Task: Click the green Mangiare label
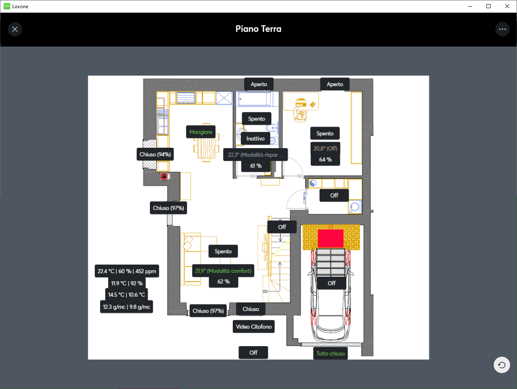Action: pos(201,132)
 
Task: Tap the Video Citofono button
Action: pos(254,327)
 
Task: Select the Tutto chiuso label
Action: pos(330,353)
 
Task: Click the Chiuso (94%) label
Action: pos(155,154)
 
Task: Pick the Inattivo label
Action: pos(256,139)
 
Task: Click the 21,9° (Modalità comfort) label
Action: pos(223,271)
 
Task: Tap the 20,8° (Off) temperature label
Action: pos(325,149)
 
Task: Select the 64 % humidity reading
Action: pos(325,160)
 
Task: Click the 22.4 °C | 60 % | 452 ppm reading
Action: pos(127,271)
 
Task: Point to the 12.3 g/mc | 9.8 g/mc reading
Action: pos(127,307)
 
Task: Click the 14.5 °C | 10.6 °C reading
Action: pos(127,295)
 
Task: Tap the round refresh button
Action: pos(502,365)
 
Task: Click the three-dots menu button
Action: pos(502,29)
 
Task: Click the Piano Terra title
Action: pos(258,29)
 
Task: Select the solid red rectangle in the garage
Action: pos(331,239)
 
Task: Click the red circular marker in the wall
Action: pos(164,176)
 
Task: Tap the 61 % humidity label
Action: pos(256,166)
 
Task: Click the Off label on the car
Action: pos(332,283)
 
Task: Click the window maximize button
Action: pos(488,6)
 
